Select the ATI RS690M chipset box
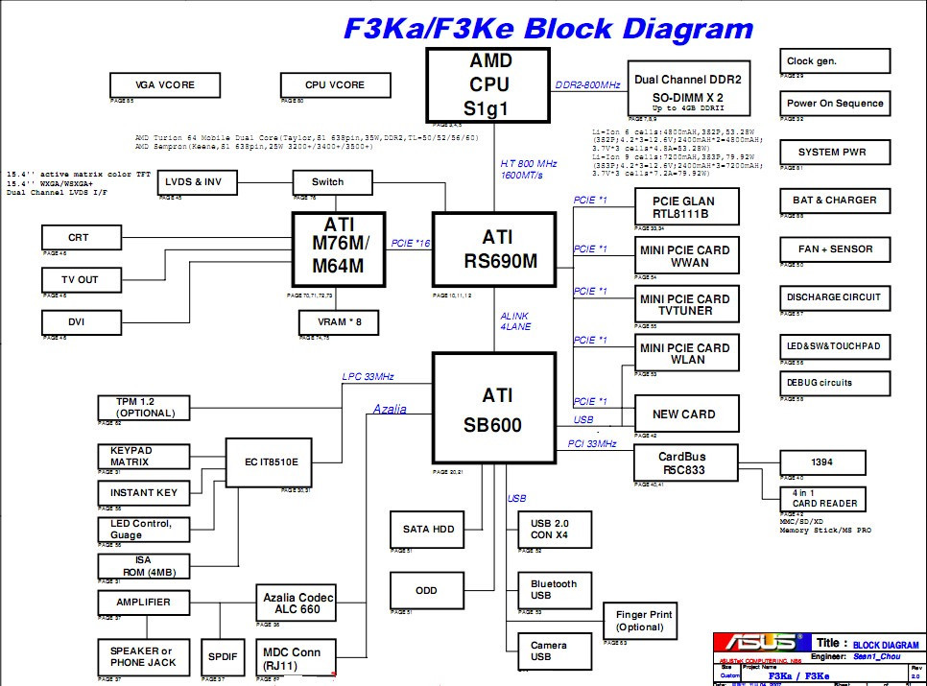(x=494, y=249)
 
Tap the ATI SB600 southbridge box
(x=494, y=410)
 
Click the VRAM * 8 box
(x=339, y=321)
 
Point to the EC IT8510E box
(x=272, y=462)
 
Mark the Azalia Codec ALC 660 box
(x=297, y=603)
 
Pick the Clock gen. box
(x=835, y=61)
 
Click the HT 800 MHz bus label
(x=528, y=169)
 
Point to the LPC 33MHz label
(x=368, y=376)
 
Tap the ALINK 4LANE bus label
(x=514, y=321)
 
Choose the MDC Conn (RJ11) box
(x=297, y=658)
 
